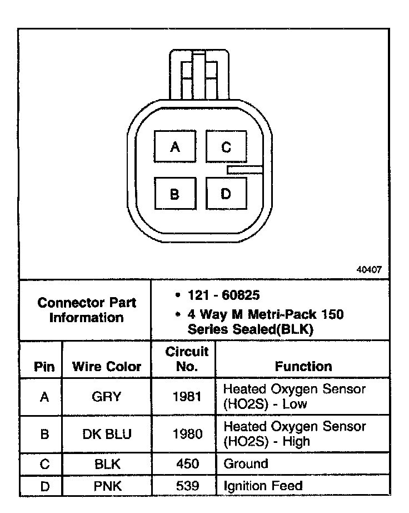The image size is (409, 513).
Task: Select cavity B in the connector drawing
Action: (x=176, y=194)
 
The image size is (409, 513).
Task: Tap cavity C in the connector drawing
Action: (x=226, y=147)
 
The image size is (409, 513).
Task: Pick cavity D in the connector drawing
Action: (x=226, y=194)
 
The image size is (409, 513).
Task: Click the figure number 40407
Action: (x=369, y=269)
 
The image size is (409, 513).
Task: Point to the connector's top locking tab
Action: (x=199, y=75)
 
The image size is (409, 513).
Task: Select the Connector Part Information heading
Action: (x=87, y=310)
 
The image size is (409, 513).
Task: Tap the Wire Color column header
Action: (x=107, y=367)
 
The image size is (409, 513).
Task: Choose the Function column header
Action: (x=303, y=366)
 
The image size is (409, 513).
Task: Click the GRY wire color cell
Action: (x=107, y=397)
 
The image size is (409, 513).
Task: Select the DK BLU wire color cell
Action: (x=107, y=434)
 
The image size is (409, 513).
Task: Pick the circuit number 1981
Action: (x=187, y=397)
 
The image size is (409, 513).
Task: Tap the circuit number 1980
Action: (x=187, y=434)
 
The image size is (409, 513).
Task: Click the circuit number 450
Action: (x=187, y=463)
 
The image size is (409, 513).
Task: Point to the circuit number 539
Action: (x=187, y=486)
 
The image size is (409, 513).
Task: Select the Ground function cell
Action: (x=246, y=463)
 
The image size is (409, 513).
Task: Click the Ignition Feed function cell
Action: (x=263, y=486)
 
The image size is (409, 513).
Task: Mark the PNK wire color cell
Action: (x=107, y=486)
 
